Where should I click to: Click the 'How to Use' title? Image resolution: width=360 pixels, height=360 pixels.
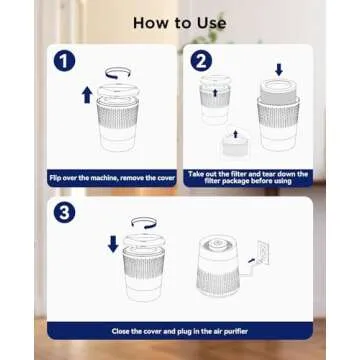pyautogui.click(x=179, y=21)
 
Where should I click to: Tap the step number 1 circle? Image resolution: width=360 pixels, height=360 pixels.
pyautogui.click(x=64, y=62)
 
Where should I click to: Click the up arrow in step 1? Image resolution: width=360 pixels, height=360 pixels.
pyautogui.click(x=87, y=96)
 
